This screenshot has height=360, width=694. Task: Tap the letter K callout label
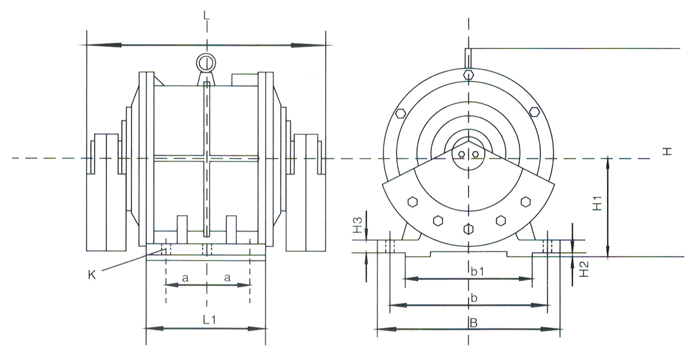click(92, 275)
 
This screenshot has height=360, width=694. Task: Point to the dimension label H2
click(581, 271)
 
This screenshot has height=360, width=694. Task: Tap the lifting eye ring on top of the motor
click(205, 63)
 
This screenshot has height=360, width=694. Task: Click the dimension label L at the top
click(206, 15)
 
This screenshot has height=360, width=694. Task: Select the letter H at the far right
click(667, 152)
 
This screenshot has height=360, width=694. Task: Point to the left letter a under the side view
click(185, 278)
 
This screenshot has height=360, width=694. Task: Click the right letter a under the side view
click(227, 278)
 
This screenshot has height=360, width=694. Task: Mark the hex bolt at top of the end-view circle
click(468, 75)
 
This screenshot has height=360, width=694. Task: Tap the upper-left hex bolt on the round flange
click(401, 113)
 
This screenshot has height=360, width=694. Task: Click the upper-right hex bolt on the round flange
click(535, 112)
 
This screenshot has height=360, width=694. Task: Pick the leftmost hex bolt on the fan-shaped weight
click(411, 202)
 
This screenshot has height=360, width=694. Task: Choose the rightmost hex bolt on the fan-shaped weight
click(525, 201)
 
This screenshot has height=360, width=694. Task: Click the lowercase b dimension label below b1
click(474, 298)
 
